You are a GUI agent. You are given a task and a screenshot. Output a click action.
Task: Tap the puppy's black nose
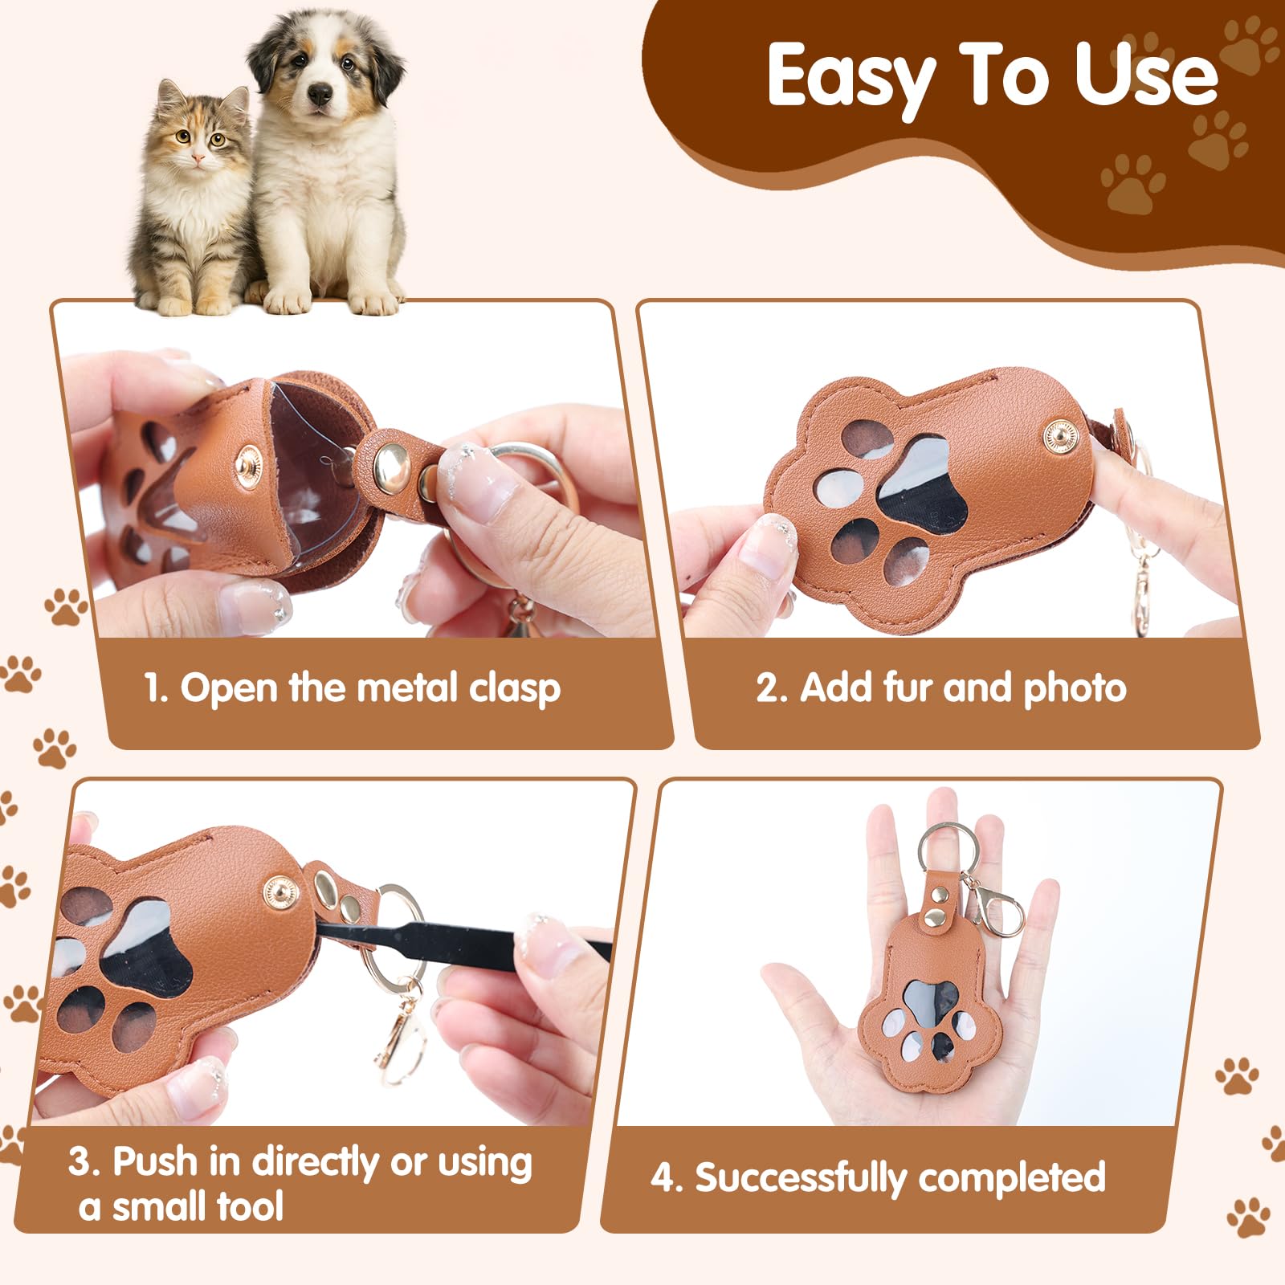(x=320, y=95)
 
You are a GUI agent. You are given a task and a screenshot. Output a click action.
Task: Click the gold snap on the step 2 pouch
(x=1061, y=437)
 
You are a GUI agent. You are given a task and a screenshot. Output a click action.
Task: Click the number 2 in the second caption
(x=767, y=689)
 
